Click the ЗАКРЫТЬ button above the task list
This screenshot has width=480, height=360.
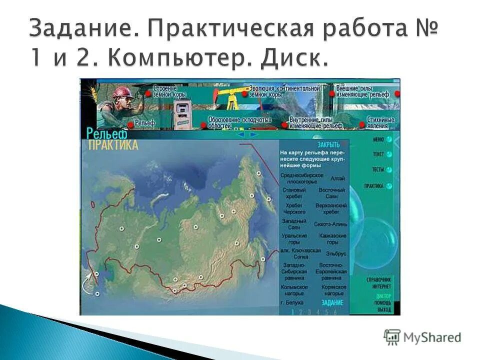point(328,144)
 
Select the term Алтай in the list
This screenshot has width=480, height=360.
point(337,178)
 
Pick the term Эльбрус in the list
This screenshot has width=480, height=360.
point(333,253)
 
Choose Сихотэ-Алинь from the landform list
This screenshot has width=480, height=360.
point(330,224)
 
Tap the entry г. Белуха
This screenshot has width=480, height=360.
point(292,302)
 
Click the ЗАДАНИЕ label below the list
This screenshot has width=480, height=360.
point(332,302)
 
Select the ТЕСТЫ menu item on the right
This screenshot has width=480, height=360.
point(378,170)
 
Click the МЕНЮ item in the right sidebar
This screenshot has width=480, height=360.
point(378,140)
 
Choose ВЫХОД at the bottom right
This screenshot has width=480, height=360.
point(384,310)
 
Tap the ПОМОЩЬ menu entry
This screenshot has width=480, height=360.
point(383,303)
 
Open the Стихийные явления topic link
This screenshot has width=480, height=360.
point(380,123)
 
